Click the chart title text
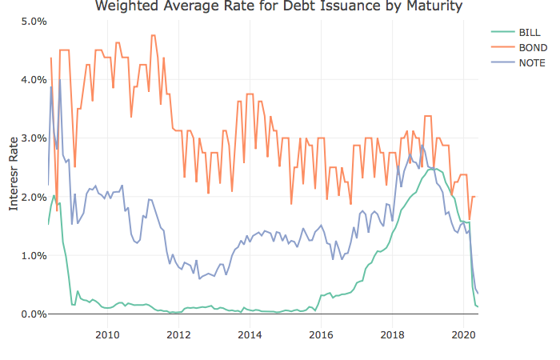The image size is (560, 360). coord(278,7)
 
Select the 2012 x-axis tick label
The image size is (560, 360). coord(178,333)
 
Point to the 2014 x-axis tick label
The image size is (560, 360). coord(250,333)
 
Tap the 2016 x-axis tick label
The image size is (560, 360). coord(321,333)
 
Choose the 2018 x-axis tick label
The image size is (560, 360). coord(392,333)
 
